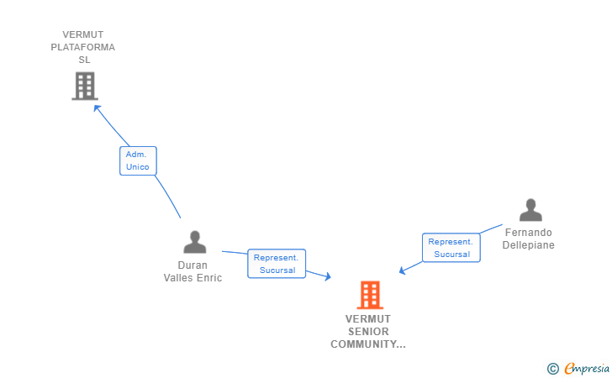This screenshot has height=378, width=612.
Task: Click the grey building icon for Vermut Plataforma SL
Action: click(85, 86)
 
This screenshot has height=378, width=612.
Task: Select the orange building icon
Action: click(370, 295)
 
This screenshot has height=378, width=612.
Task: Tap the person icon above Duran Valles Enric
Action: click(195, 242)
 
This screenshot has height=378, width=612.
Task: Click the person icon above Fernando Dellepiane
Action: click(530, 210)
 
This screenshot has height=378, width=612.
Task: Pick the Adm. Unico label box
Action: click(138, 160)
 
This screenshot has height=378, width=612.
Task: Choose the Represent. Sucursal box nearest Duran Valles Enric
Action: click(277, 264)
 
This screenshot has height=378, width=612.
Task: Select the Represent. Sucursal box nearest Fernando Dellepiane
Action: click(451, 248)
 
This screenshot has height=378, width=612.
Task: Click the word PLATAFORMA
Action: click(82, 47)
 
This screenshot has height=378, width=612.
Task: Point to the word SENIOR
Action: click(368, 332)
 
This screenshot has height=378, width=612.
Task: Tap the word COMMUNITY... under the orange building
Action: click(368, 344)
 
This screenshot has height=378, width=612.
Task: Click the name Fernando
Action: click(529, 233)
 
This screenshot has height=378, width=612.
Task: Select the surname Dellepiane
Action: click(529, 245)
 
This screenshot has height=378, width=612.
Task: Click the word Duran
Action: click(193, 265)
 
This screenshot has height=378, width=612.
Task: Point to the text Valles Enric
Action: click(193, 278)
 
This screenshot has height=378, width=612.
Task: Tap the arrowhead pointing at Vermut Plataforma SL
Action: click(97, 108)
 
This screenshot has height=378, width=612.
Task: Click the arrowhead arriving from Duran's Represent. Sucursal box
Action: click(328, 276)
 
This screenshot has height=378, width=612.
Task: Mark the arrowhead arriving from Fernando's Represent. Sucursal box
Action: click(403, 270)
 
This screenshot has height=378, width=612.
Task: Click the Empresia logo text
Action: click(587, 368)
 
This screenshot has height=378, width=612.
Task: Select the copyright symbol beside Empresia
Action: click(553, 369)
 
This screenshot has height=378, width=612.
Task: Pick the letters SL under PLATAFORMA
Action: click(84, 60)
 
